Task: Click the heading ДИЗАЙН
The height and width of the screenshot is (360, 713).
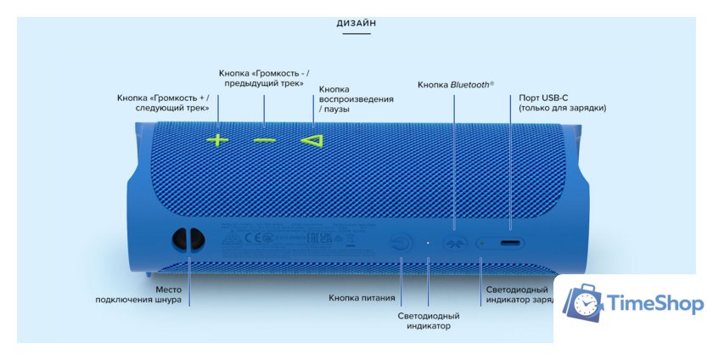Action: (356, 23)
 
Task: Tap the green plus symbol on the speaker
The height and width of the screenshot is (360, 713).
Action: (218, 139)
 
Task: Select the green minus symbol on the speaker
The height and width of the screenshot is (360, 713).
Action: (264, 139)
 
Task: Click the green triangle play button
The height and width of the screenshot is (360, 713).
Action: (312, 139)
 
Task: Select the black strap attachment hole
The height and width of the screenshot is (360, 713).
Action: (187, 240)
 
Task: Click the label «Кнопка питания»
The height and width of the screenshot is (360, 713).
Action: (362, 298)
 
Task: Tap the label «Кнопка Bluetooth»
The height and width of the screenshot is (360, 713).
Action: (455, 85)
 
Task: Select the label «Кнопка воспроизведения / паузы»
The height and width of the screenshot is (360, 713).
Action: (356, 99)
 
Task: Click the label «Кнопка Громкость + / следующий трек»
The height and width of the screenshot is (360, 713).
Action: (163, 103)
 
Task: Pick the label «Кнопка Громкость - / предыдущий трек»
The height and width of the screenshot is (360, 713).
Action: (263, 77)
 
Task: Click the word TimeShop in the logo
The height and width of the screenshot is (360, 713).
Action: (654, 304)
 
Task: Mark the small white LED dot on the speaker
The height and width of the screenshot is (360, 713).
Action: (428, 242)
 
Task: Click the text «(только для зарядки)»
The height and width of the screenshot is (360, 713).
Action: (563, 108)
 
